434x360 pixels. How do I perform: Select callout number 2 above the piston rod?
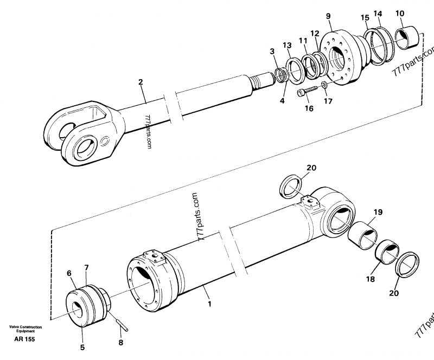tap(141, 82)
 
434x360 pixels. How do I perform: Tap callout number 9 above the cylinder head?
tap(328, 16)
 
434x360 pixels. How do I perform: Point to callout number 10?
tap(414, 13)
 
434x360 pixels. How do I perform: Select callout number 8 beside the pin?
tap(121, 343)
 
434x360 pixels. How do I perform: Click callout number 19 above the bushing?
tap(378, 213)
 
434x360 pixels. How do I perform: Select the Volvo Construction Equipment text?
tap(25, 329)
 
